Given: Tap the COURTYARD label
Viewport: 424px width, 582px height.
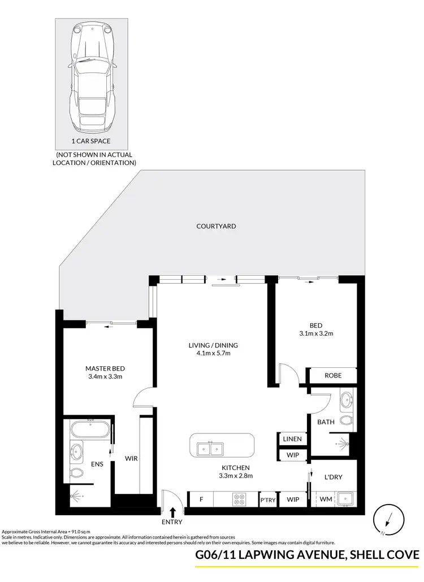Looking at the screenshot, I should tap(216, 226).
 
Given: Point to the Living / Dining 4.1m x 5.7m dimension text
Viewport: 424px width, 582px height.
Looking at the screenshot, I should tap(213, 354).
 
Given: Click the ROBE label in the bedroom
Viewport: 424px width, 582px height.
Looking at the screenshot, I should tap(332, 375).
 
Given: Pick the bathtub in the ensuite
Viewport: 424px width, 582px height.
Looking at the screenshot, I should tap(90, 429).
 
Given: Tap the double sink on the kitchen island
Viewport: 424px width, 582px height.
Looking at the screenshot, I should tap(211, 449).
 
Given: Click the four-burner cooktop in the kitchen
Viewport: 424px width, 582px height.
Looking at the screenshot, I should tap(239, 500).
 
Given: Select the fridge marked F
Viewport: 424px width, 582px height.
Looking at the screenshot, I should tap(201, 500).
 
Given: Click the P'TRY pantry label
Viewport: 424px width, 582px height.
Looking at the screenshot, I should tap(267, 500).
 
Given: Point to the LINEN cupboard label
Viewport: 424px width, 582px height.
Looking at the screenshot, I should tap(292, 439).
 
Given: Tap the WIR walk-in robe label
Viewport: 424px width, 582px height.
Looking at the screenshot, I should tap(132, 459).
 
